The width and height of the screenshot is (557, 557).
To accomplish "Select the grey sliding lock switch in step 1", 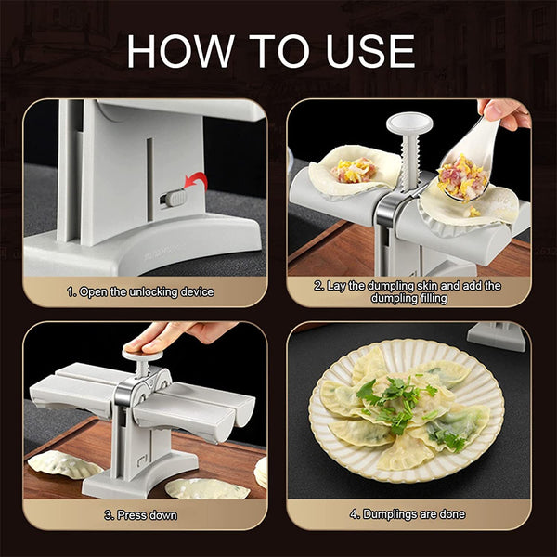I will pyautogui.click(x=171, y=198).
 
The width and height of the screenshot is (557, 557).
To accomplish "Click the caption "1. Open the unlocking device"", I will pyautogui.click(x=140, y=291).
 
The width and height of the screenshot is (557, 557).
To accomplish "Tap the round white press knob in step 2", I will pyautogui.click(x=407, y=123).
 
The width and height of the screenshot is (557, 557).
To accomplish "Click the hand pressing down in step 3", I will pyautogui.click(x=176, y=334).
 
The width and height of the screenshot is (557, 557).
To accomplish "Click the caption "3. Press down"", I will pyautogui.click(x=140, y=513).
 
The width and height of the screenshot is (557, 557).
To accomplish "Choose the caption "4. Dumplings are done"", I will pyautogui.click(x=408, y=513).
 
